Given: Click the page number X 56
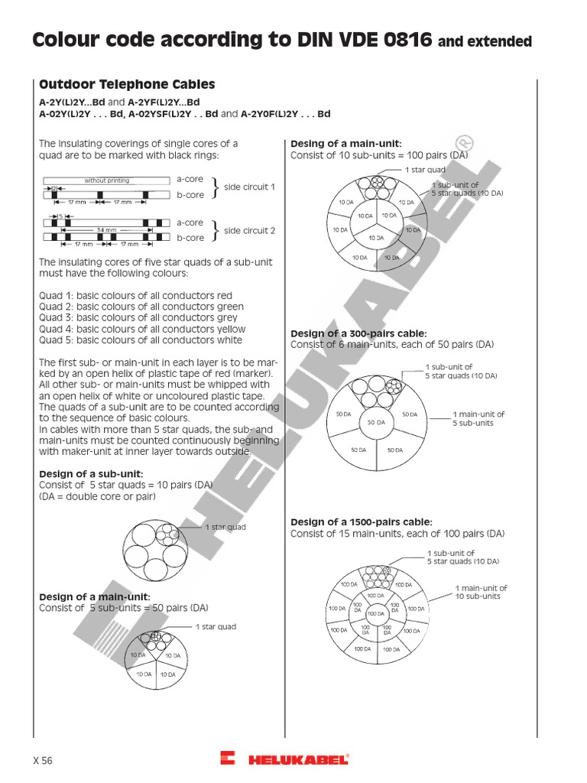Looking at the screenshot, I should (43, 760).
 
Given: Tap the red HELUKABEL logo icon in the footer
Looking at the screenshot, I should (228, 759).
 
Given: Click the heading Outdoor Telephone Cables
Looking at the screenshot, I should (127, 85).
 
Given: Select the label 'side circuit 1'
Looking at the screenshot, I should (249, 187).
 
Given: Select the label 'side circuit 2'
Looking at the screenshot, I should (249, 230).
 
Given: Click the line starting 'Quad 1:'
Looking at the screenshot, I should (135, 295).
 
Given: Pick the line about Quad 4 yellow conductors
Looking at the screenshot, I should (142, 329).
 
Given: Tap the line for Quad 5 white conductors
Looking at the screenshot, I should (140, 340).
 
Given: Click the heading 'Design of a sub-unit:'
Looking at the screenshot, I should (91, 474).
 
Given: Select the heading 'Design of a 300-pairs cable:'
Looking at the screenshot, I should (358, 333).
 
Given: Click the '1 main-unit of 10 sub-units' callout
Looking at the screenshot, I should (481, 592).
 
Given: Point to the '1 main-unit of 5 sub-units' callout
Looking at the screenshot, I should (478, 418).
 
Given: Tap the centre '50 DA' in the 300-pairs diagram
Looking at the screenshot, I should (375, 422).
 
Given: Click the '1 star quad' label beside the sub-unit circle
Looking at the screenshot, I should (225, 527).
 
